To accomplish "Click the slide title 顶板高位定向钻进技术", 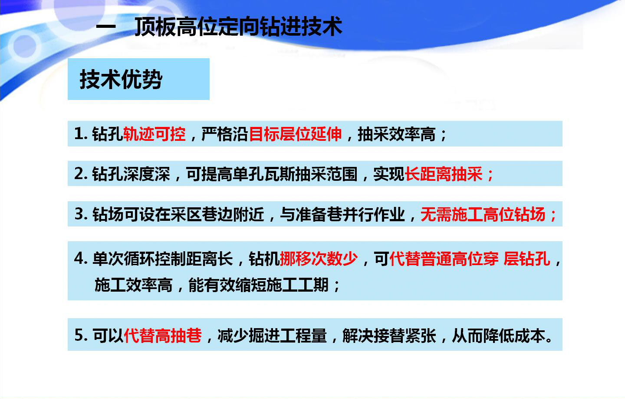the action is coord(239,27).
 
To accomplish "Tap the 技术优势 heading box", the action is coord(139,79).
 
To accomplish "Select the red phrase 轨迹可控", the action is coord(155,134).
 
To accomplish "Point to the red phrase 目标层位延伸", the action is coord(295,134).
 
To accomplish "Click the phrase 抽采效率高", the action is coord(397,134).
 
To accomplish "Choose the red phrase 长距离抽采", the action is coord(444,174).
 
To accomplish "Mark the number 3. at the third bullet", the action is coord(81,214).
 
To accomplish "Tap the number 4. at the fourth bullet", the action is coord(81,259).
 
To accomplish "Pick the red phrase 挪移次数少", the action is coord(319,259).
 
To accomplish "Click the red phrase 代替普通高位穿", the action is coord(444,259).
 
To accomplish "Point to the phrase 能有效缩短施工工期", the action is coord(258,285).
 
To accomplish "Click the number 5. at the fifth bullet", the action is coord(81,335).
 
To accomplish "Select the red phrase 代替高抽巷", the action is coord(163,335).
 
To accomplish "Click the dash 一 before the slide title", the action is coord(106,27).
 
